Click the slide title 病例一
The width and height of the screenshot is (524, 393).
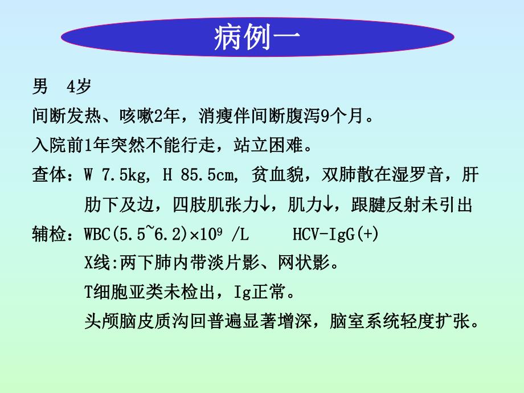tap(257, 38)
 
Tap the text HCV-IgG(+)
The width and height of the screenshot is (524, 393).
tap(336, 234)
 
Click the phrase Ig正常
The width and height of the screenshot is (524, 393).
tap(264, 293)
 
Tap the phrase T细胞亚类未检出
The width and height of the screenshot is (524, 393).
tap(151, 293)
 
